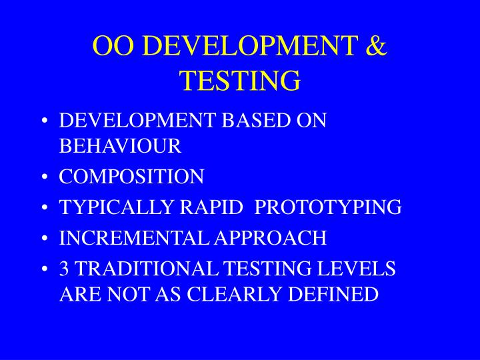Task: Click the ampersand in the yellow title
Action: click(377, 47)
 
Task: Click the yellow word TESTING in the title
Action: click(240, 81)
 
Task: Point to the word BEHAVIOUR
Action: click(120, 145)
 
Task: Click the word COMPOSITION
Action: click(131, 177)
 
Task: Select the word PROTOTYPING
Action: click(329, 207)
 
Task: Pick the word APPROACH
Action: click(279, 238)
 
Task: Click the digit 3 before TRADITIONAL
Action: click(64, 269)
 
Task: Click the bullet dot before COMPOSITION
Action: click(43, 177)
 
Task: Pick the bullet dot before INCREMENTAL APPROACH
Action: click(43, 239)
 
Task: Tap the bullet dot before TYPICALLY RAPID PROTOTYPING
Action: click(43, 208)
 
